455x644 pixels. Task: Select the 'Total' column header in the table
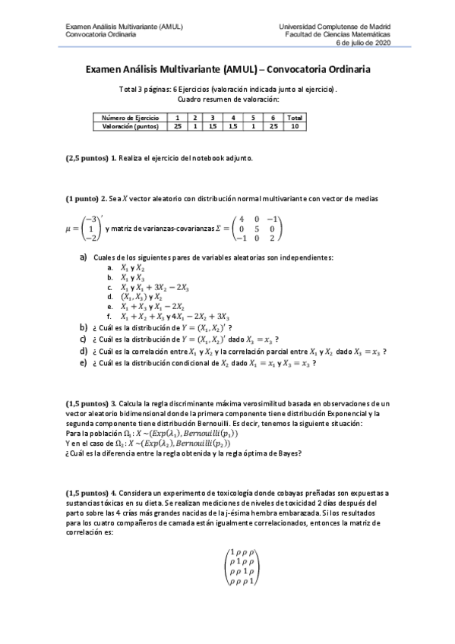point(295,118)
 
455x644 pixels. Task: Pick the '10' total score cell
point(295,127)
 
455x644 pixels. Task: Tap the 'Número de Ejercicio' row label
point(130,118)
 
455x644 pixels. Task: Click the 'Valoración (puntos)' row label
point(130,127)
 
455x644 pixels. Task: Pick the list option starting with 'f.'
point(169,316)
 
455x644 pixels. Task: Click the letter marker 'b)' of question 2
point(84,327)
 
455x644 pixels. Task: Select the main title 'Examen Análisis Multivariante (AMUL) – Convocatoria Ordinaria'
point(227,69)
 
